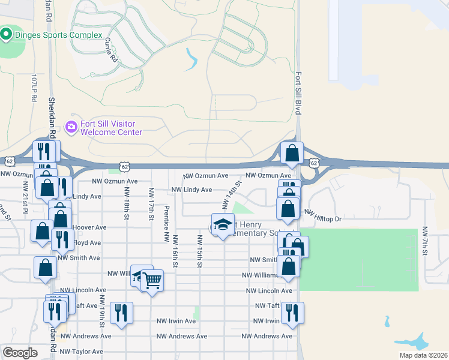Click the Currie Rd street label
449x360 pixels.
point(110,50)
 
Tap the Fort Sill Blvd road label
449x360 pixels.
point(298,94)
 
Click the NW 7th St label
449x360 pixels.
point(424,241)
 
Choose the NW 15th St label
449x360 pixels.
point(199,251)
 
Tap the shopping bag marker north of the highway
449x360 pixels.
point(292,153)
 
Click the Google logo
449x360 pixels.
point(20,353)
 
